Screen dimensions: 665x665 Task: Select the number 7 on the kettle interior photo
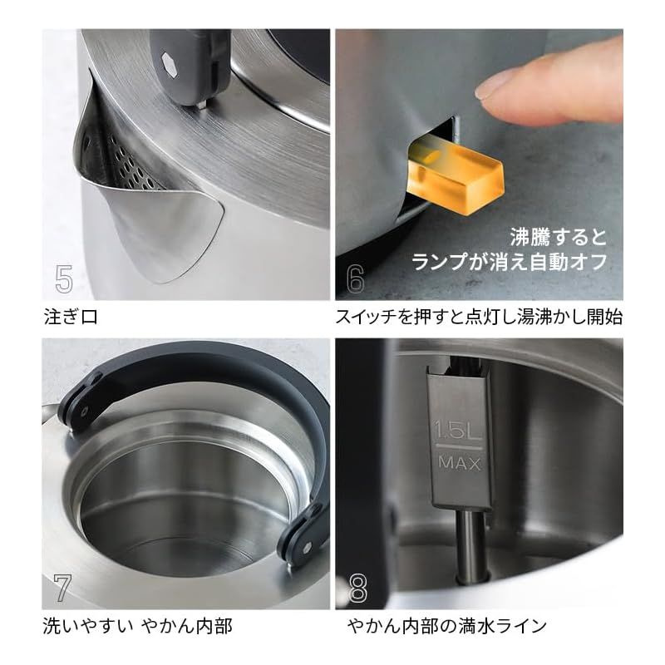(x=63, y=588)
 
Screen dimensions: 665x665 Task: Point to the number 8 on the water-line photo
(x=357, y=588)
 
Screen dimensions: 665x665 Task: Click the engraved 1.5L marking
(x=456, y=430)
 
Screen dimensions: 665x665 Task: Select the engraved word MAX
(x=457, y=463)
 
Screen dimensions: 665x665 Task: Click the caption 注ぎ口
(x=69, y=317)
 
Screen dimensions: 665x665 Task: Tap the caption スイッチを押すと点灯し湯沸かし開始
(x=479, y=317)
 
